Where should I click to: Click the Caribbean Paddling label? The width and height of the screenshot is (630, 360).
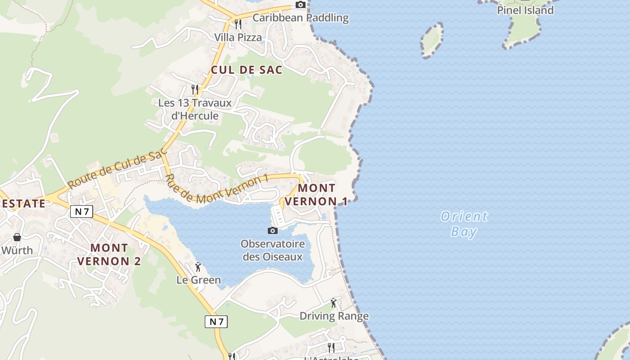tap(300, 18)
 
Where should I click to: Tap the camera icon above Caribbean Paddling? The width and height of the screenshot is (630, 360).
tap(300, 5)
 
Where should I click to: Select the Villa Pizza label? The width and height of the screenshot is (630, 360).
tap(238, 37)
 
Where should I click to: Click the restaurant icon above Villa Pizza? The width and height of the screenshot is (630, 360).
tap(238, 24)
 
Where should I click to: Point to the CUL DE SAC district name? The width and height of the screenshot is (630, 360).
tap(247, 70)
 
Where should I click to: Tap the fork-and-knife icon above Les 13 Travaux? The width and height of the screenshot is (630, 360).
tap(195, 89)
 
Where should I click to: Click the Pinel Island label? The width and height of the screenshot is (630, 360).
tap(525, 10)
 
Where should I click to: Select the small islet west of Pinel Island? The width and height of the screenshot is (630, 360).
tap(432, 40)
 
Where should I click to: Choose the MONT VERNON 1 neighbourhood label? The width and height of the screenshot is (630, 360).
tap(316, 194)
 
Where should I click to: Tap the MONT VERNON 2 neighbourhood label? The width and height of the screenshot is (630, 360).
tap(109, 254)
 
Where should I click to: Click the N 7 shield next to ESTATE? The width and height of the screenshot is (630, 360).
tap(81, 211)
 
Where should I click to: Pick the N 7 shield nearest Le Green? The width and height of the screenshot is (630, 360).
tap(216, 321)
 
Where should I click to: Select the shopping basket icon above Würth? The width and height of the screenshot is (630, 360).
tap(17, 237)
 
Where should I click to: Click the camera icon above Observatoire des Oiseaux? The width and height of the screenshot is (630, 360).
tap(272, 230)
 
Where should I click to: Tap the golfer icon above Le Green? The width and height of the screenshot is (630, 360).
tap(198, 267)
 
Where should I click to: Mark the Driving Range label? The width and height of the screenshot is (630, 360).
tap(334, 316)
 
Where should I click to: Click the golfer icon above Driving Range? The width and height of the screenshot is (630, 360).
tap(333, 303)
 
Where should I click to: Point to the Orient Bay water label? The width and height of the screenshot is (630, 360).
tap(464, 224)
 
